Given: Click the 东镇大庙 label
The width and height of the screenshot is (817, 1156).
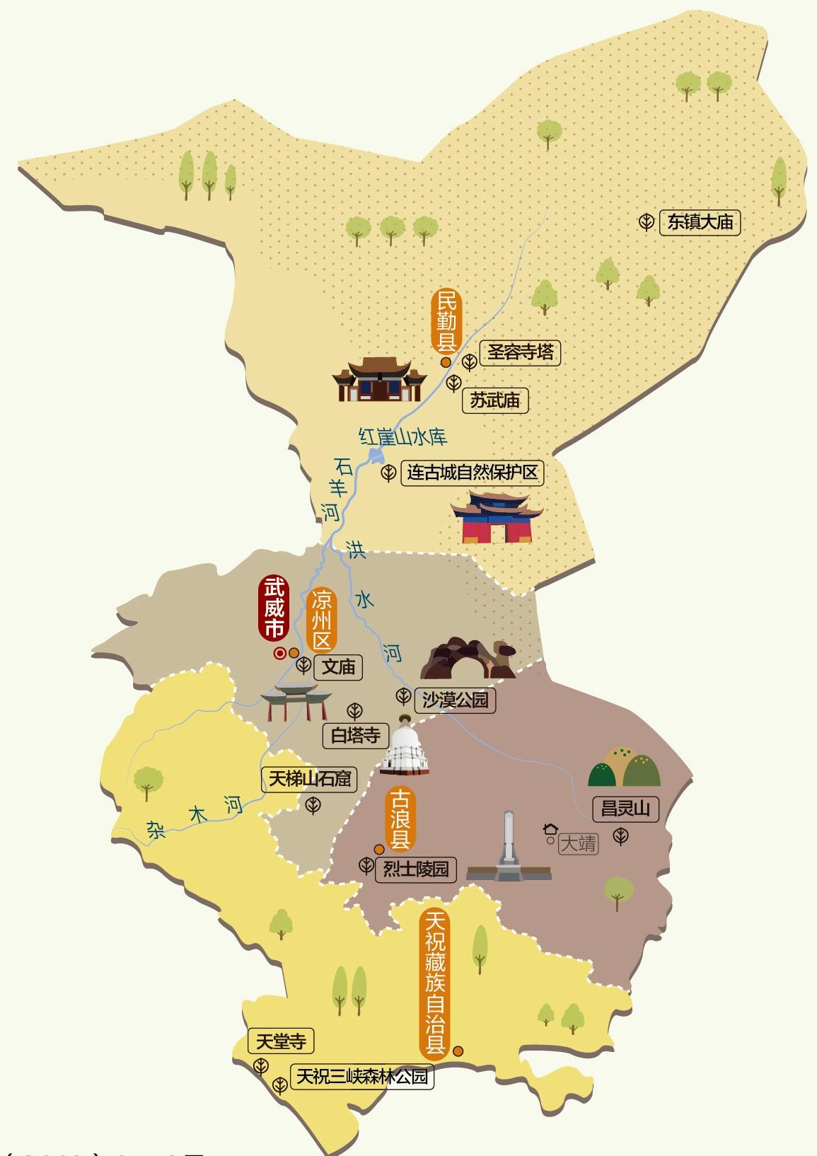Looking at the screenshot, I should [x=700, y=222].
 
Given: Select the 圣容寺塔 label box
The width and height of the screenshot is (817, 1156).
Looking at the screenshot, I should [x=520, y=352].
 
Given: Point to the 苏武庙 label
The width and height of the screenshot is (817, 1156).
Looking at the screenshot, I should [x=495, y=400].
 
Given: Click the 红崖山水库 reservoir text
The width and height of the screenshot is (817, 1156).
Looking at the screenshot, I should [x=403, y=437].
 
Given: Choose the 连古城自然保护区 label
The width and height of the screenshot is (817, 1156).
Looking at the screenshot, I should [x=473, y=472].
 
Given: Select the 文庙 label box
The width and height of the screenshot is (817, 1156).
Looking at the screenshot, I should [x=338, y=666].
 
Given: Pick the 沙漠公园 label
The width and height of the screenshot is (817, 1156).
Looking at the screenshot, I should [x=455, y=700].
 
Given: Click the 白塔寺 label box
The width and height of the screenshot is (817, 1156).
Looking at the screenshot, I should [x=355, y=735].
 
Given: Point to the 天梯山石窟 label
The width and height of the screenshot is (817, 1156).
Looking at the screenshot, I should [x=308, y=780].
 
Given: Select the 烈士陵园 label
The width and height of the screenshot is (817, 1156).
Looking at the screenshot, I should [x=415, y=869].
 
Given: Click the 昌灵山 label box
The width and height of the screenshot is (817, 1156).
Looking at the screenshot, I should [x=625, y=809].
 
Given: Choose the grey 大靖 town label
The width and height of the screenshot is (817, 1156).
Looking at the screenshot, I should [x=578, y=843].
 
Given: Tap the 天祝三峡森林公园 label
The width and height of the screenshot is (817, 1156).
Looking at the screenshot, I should [x=361, y=1077].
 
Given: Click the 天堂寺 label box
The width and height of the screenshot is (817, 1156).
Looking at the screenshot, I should [x=281, y=1042].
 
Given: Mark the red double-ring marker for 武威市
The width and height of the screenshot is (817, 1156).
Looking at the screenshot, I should [x=279, y=653].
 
